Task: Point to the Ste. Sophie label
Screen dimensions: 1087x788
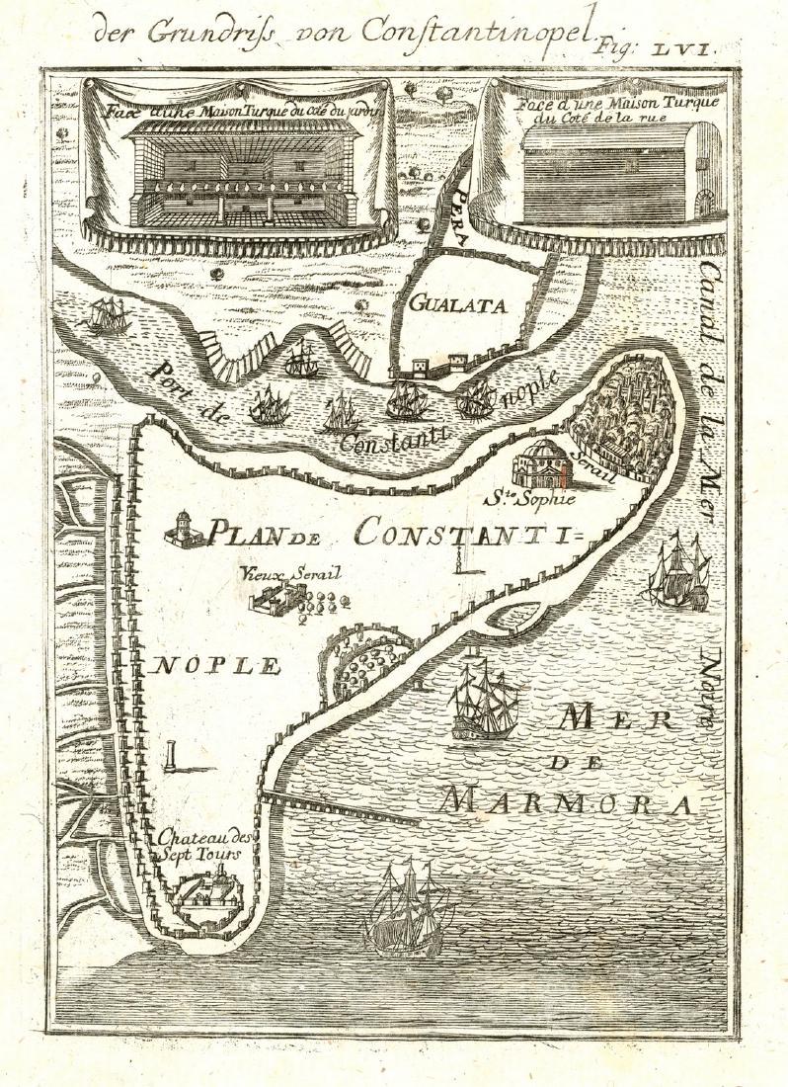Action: (535, 497)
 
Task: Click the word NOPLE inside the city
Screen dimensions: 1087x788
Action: (215, 665)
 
